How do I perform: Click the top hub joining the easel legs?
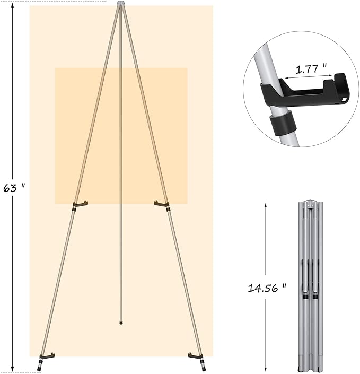pos(121,4)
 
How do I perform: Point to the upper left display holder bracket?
pos(80,204)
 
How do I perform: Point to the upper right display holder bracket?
pos(161,203)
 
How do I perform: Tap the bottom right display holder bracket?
pos(196,355)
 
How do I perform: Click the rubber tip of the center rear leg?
pos(121,321)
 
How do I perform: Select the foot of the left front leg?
pos(40,366)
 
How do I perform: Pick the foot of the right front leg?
pos(203,366)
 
